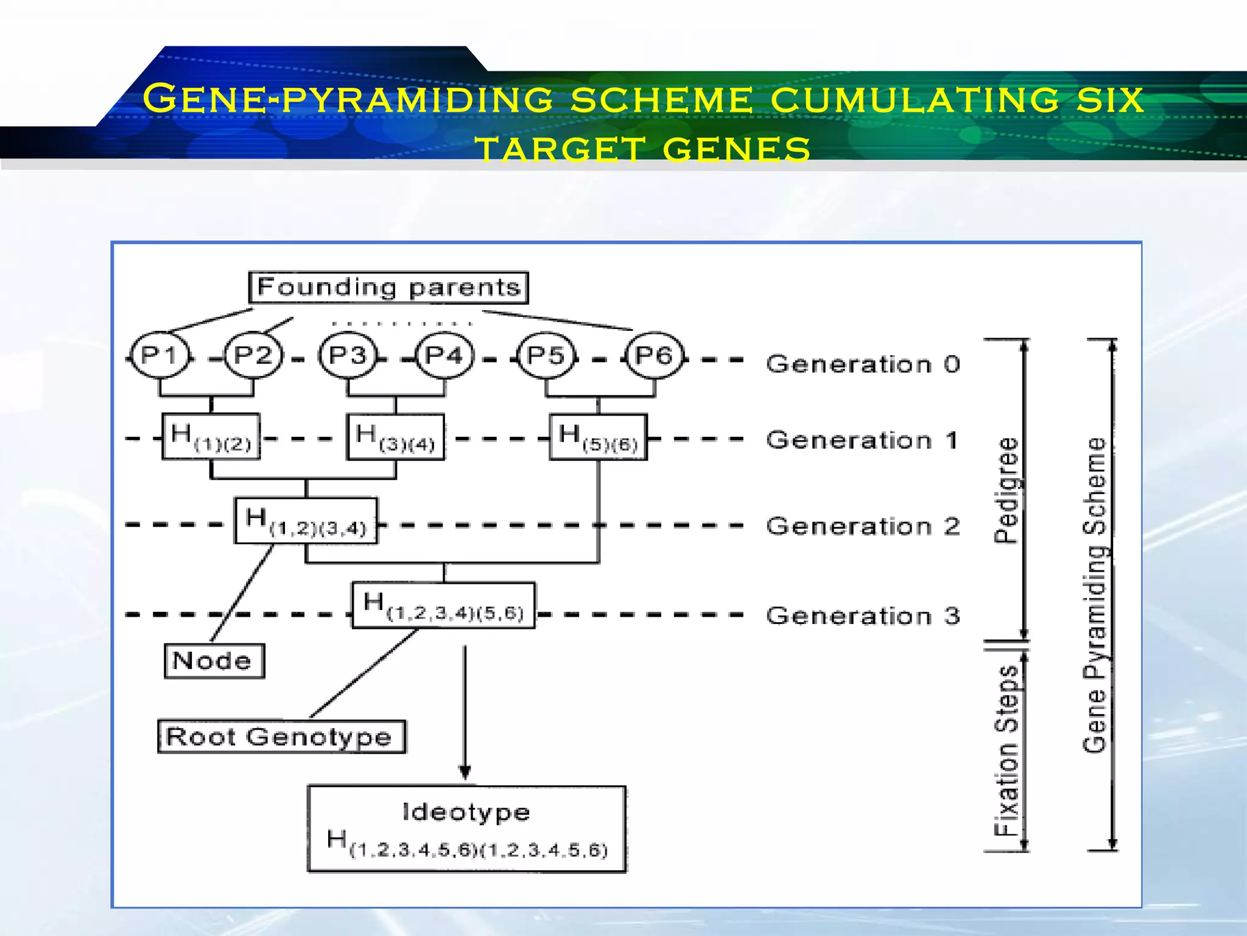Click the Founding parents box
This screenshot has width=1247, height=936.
(x=388, y=287)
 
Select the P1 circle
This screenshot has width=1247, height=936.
(x=160, y=355)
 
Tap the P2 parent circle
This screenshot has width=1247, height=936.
(x=253, y=355)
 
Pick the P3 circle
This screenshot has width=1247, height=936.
(x=348, y=355)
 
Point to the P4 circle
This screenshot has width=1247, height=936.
(x=444, y=355)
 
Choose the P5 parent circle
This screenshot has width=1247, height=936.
(x=546, y=355)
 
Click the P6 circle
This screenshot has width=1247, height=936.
(x=654, y=355)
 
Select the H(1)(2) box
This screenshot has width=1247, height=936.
(x=211, y=437)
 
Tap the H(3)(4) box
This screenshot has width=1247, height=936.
(x=396, y=437)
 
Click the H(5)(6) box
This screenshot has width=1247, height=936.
(x=598, y=437)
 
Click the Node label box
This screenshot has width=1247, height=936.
(x=214, y=661)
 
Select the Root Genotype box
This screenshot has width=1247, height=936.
(x=281, y=737)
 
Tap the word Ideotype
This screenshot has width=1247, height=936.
(x=466, y=812)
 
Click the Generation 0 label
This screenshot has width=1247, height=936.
(x=863, y=364)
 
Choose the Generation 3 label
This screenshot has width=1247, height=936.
(x=863, y=616)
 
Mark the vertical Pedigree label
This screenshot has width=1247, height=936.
(x=1006, y=490)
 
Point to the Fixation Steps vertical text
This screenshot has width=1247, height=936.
(x=1006, y=751)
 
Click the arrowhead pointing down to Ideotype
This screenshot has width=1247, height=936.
(x=465, y=772)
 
